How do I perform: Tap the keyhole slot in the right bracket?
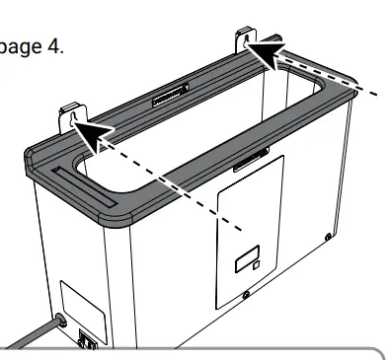[243, 38]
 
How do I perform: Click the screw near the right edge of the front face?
[329, 237]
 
